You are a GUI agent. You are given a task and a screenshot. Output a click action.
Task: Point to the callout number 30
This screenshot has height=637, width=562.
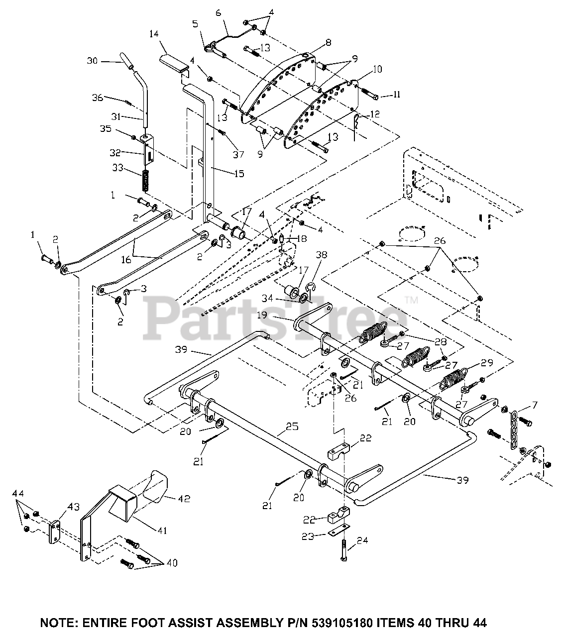[x=93, y=61]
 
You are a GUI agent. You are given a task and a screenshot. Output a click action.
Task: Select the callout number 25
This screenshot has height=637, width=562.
[x=292, y=426]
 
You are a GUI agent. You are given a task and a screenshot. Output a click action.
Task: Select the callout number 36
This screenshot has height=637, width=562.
[x=98, y=98]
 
